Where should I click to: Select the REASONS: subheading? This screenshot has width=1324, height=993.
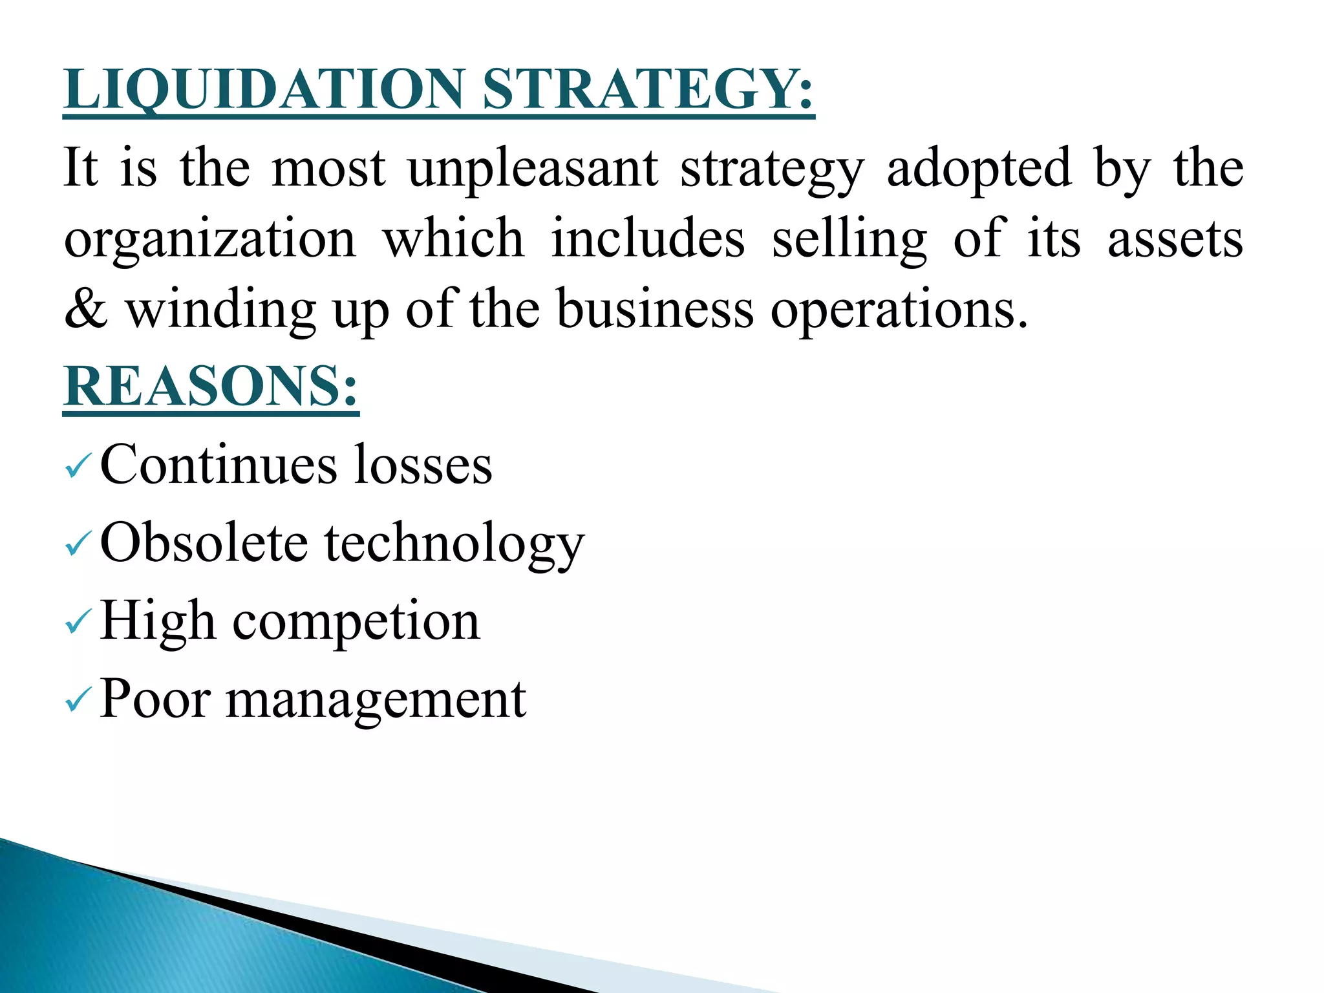211,387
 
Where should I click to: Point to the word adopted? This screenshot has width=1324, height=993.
979,168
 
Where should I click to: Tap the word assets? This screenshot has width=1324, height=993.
1175,239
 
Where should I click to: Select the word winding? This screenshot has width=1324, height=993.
220,310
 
